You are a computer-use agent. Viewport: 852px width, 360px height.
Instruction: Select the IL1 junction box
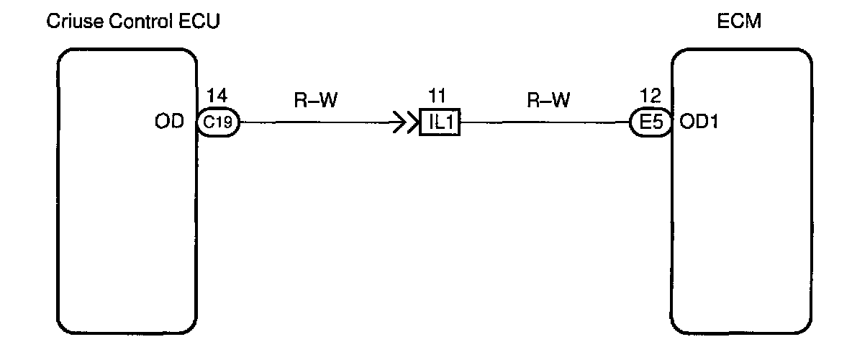pos(439,123)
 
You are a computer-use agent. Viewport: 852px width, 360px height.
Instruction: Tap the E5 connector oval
pos(650,123)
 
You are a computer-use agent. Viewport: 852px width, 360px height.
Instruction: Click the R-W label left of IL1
pos(317,101)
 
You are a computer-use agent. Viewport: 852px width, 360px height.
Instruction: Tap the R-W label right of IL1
pos(548,101)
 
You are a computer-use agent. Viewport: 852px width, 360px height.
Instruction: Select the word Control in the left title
pos(138,22)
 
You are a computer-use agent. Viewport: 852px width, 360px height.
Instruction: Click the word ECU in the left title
pos(199,22)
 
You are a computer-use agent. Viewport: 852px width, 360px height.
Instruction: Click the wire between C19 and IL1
pos(317,123)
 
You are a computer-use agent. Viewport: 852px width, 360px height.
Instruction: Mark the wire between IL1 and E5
pos(547,123)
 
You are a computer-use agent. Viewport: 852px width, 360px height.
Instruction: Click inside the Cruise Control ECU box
pos(126,216)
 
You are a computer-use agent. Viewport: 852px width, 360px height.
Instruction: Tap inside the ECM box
pos(741,216)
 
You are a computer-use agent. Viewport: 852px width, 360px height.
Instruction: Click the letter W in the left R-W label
pos(329,101)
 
